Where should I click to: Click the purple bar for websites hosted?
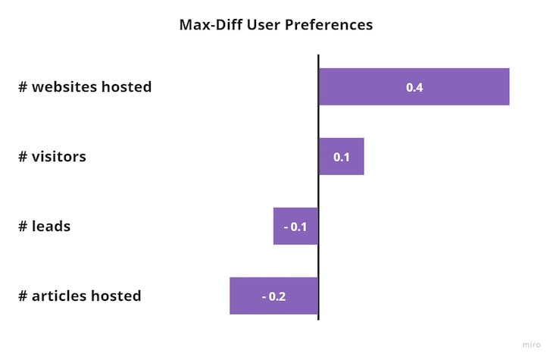(414, 87)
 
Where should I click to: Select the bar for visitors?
(342, 156)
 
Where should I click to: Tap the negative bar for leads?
(295, 227)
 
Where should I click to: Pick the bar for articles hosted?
(273, 296)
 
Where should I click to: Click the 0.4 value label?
(414, 87)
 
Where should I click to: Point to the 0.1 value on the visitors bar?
(342, 157)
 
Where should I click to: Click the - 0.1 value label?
(295, 227)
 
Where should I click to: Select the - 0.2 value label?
(273, 296)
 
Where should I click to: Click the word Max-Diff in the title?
(211, 25)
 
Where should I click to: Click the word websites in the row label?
(64, 87)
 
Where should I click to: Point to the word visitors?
(59, 157)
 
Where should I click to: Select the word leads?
(52, 227)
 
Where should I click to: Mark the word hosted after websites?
(127, 87)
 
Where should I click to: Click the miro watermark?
(532, 345)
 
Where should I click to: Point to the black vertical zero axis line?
(318, 187)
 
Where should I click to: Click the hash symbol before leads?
(23, 227)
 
